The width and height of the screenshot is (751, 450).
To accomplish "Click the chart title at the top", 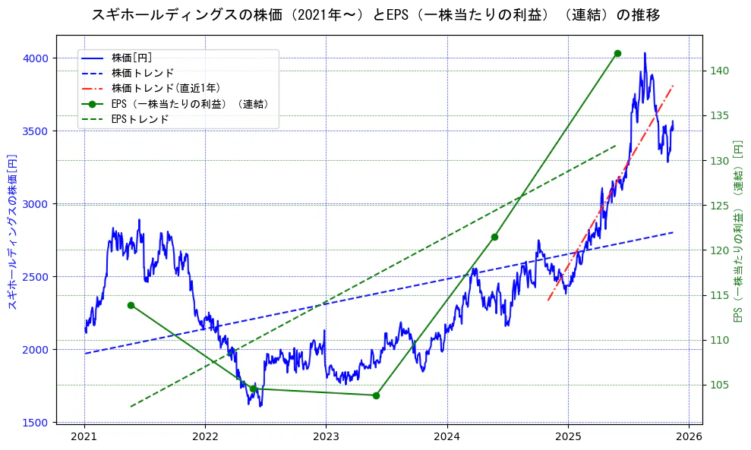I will pyautogui.click(x=375, y=14).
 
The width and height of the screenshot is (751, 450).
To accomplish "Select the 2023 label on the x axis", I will pyautogui.click(x=326, y=436).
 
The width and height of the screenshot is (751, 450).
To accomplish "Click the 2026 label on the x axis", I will pyautogui.click(x=689, y=436).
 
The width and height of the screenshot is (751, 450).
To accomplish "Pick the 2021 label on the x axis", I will pyautogui.click(x=84, y=436).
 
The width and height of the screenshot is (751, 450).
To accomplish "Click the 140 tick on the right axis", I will pyautogui.click(x=720, y=71).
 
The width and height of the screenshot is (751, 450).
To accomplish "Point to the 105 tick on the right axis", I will pyautogui.click(x=720, y=385).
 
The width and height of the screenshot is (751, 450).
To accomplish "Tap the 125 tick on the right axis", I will pyautogui.click(x=720, y=206).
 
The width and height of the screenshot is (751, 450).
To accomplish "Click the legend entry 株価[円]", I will pyautogui.click(x=132, y=58).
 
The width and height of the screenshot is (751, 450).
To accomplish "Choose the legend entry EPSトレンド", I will pyautogui.click(x=140, y=119).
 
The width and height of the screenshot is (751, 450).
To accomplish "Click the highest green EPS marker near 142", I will pyautogui.click(x=617, y=53).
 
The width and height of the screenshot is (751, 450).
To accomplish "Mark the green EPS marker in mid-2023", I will pyautogui.click(x=376, y=395).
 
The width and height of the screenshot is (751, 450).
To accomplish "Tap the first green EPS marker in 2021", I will pyautogui.click(x=131, y=305).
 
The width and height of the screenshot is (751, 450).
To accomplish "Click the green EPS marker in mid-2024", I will pyautogui.click(x=494, y=237).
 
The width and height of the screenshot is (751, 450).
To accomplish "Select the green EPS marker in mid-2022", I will pyautogui.click(x=253, y=389).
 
